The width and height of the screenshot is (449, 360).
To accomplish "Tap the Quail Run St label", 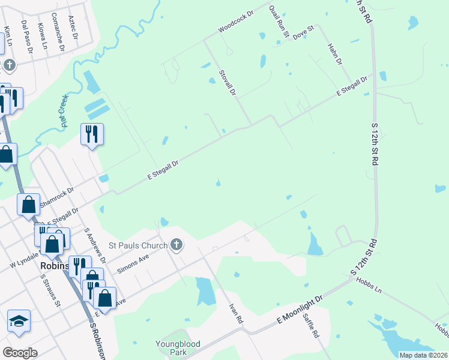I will tap(279, 21).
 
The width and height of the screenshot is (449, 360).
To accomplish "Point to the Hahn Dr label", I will tap(334, 54).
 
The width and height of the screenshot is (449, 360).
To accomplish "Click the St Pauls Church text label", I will tap(137, 245).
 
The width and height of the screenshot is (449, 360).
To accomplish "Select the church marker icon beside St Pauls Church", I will tap(176, 244).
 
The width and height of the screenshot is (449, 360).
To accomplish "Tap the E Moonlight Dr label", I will tap(300, 310).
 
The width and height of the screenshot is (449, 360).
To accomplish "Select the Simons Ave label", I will tap(133, 262).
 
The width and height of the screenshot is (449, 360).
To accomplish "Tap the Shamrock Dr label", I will tap(56, 197).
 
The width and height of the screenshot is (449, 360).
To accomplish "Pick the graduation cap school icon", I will tap(19, 321).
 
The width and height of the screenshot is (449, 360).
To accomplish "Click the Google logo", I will tap(20, 353).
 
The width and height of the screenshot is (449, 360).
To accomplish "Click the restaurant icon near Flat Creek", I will tap(92, 134).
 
